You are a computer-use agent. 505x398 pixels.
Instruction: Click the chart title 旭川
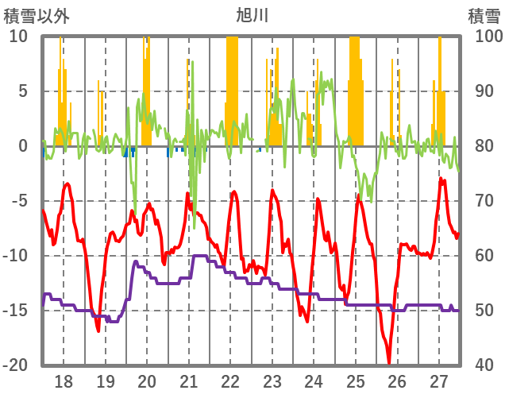[x=252, y=14]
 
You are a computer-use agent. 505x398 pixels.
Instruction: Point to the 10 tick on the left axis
[x=18, y=37]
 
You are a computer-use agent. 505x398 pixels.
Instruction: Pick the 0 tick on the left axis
[x=22, y=146]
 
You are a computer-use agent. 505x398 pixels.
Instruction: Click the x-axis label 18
[x=64, y=381]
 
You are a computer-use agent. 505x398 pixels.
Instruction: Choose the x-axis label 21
[x=189, y=381]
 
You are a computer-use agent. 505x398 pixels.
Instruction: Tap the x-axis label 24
[x=314, y=381]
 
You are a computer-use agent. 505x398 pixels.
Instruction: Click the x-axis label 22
[x=230, y=381]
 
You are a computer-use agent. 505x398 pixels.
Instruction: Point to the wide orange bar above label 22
[x=232, y=87]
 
